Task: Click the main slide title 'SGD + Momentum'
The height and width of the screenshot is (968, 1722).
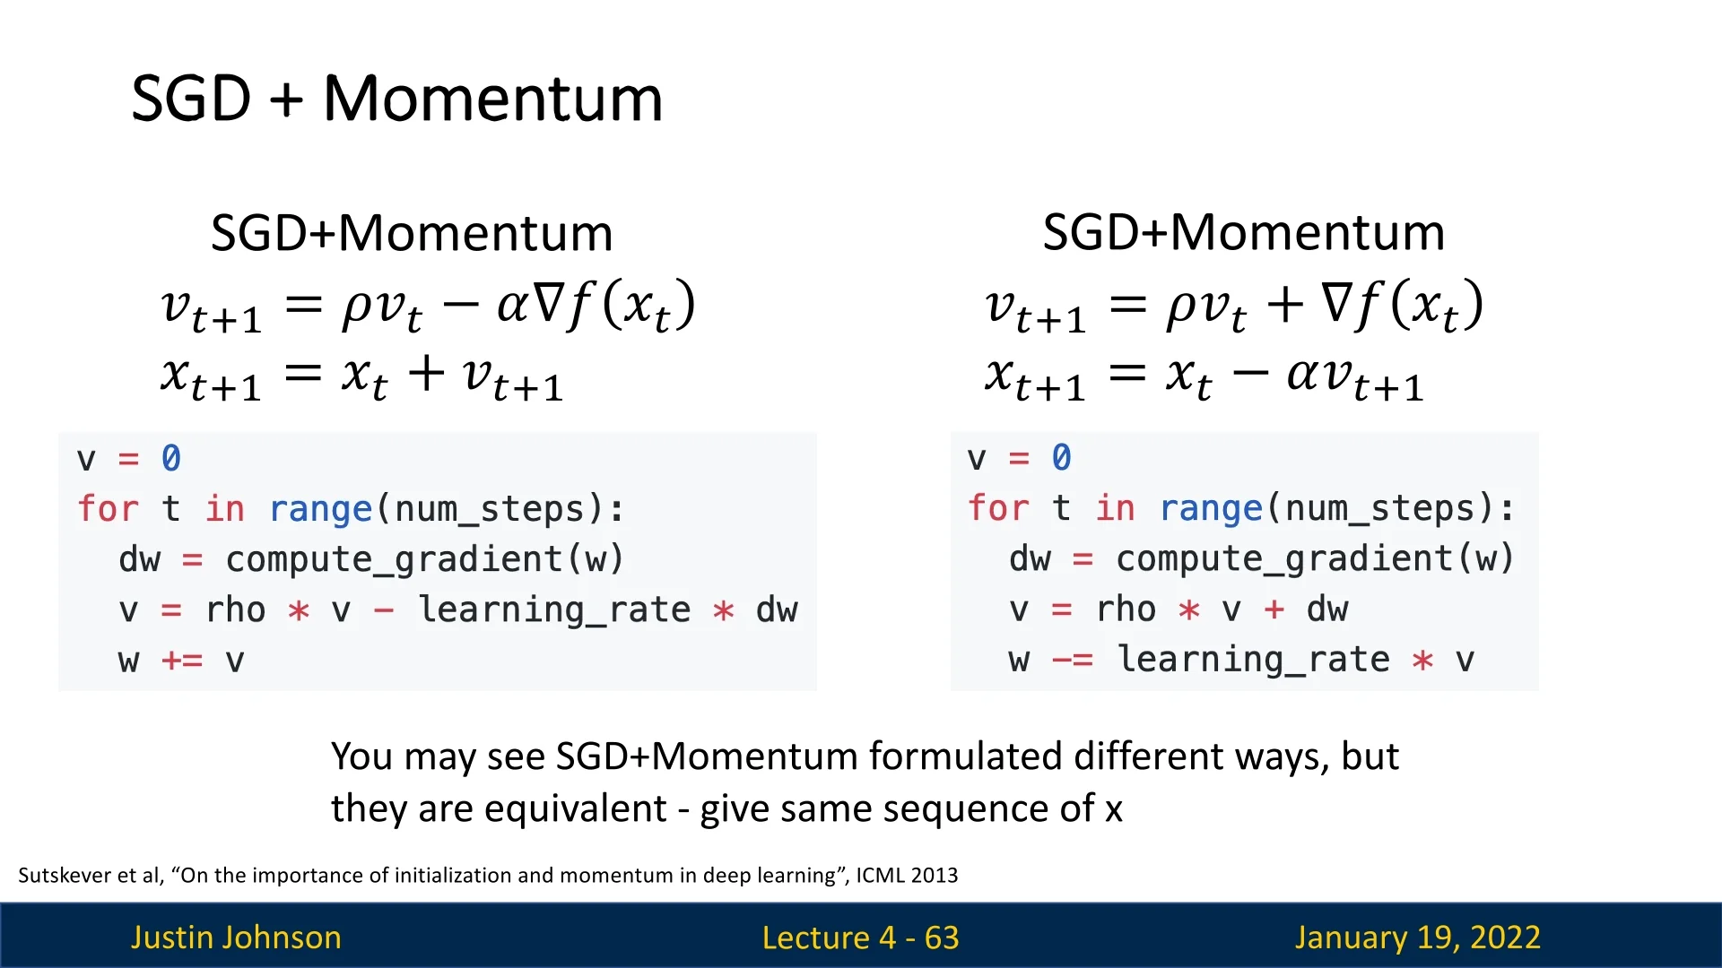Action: pyautogui.click(x=397, y=98)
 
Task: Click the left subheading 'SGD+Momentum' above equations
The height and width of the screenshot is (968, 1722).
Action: pyautogui.click(x=412, y=233)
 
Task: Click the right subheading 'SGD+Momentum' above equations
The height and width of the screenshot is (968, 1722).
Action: pyautogui.click(x=1244, y=232)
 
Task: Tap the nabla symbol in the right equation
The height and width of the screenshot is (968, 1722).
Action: pyautogui.click(x=1337, y=303)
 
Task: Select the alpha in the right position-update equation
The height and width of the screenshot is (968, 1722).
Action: pyautogui.click(x=1304, y=374)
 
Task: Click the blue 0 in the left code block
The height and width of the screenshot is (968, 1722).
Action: pyautogui.click(x=170, y=458)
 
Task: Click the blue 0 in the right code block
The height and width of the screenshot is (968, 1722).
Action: pyautogui.click(x=1061, y=457)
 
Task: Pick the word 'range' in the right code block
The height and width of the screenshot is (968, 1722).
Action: pyautogui.click(x=1212, y=509)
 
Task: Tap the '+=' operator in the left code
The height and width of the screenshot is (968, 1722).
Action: pyautogui.click(x=182, y=661)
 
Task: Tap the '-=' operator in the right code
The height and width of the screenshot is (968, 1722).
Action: pyautogui.click(x=1073, y=661)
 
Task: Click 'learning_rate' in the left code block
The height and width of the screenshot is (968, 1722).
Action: pyautogui.click(x=554, y=610)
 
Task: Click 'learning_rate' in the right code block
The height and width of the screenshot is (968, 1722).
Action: pyautogui.click(x=1254, y=661)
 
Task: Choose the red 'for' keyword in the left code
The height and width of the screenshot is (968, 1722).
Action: pyautogui.click(x=109, y=508)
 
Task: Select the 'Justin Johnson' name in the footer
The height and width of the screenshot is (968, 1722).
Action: pyautogui.click(x=236, y=938)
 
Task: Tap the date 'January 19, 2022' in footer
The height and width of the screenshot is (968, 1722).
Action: pyautogui.click(x=1417, y=938)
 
